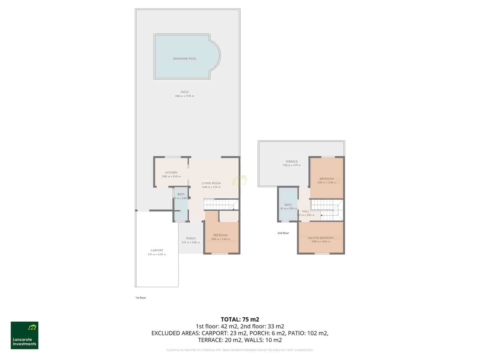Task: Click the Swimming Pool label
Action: pyautogui.click(x=184, y=59)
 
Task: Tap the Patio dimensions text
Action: pyautogui.click(x=184, y=96)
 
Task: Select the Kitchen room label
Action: pyautogui.click(x=171, y=172)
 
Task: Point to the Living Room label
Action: pyautogui.click(x=211, y=183)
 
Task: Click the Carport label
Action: pyautogui.click(x=157, y=250)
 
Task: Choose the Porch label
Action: pyautogui.click(x=190, y=238)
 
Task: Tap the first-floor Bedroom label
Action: pyautogui.click(x=220, y=235)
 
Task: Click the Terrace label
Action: pyautogui.click(x=292, y=161)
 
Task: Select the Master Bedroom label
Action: pyautogui.click(x=321, y=238)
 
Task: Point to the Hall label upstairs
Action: pyautogui.click(x=305, y=211)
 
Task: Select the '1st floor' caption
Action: pyautogui.click(x=141, y=298)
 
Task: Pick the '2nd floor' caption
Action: pyautogui.click(x=283, y=233)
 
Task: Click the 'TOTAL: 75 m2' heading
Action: pyautogui.click(x=240, y=319)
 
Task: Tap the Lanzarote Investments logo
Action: pyautogui.click(x=25, y=335)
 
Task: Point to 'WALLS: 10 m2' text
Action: pyautogui.click(x=263, y=340)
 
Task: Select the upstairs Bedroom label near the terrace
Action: pyautogui.click(x=326, y=179)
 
